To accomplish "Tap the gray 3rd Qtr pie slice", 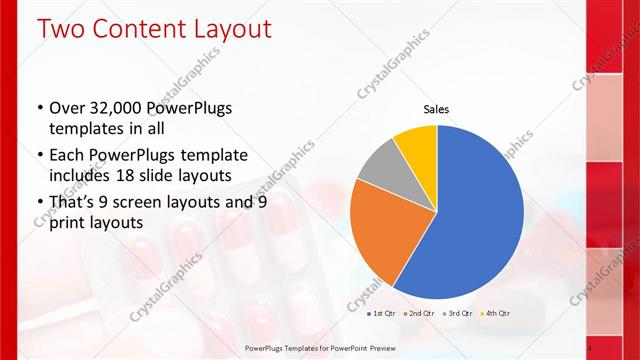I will click(383, 170).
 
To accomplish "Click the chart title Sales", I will click(436, 109).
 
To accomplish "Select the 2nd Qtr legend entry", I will click(420, 314).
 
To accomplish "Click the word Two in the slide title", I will click(61, 29).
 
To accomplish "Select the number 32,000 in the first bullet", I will click(117, 108).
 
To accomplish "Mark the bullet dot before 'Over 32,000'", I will click(39, 109).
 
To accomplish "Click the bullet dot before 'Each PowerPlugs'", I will click(39, 155).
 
